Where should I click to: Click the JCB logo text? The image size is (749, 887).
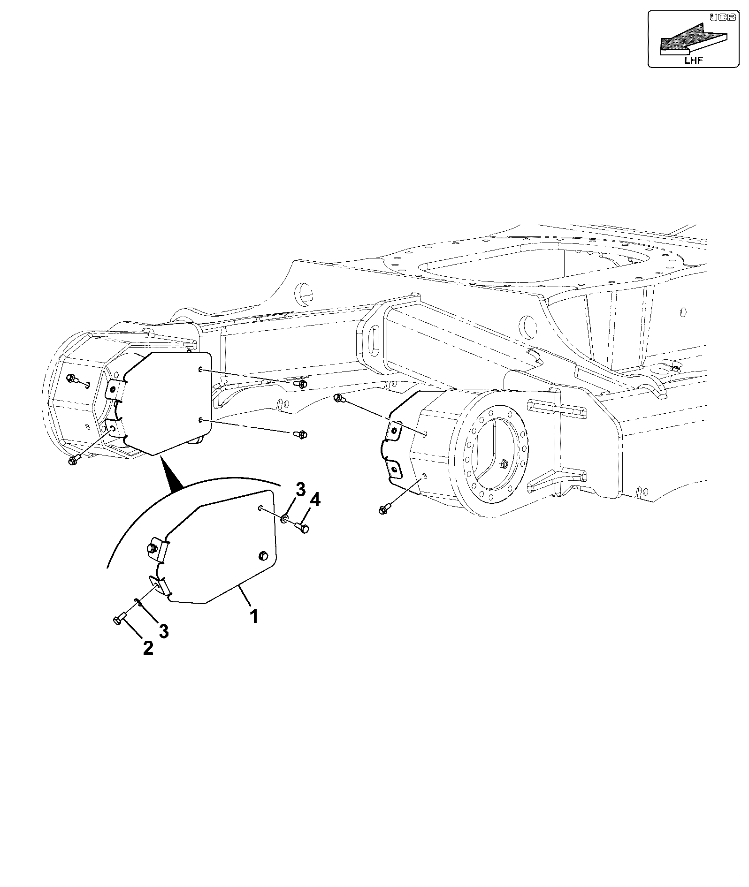716,18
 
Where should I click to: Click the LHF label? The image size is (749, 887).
694,60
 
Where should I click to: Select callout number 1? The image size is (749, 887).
253,616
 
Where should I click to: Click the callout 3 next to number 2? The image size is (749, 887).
163,631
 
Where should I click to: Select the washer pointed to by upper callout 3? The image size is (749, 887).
284,519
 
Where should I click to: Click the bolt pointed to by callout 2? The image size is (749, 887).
120,618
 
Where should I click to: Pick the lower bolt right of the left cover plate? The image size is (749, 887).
300,434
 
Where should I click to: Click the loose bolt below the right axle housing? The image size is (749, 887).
385,508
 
